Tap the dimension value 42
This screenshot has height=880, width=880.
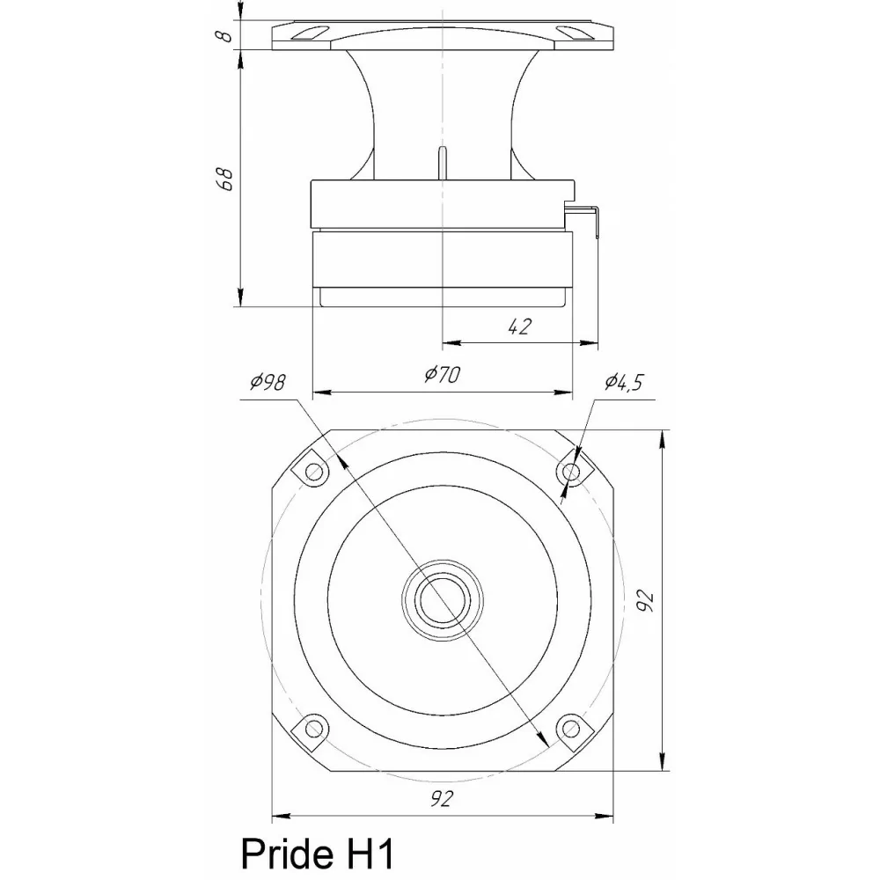coord(520,326)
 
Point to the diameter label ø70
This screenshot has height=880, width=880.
coord(442,375)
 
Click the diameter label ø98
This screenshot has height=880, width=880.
coord(268,381)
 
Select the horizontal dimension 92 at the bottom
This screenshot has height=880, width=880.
coord(443,799)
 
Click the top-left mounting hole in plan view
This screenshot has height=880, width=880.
coord(313,472)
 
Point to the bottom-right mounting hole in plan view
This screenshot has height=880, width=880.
coord(570,728)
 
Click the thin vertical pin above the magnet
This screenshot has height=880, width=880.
coord(443,164)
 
